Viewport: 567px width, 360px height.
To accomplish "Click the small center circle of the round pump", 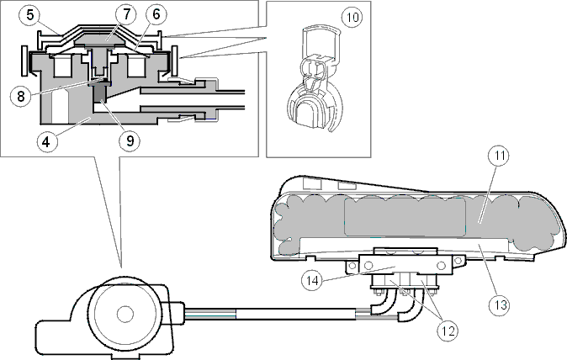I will point(125,315).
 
